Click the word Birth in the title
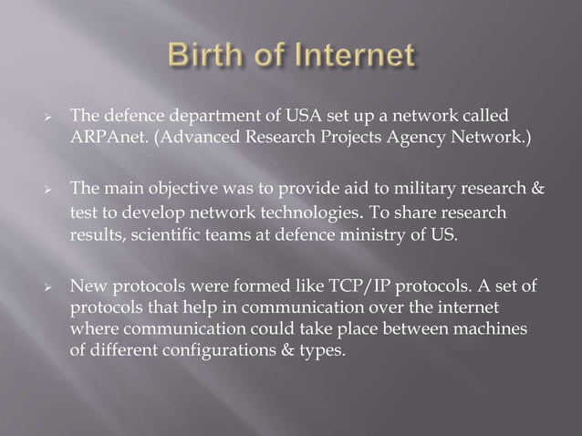tap(205, 56)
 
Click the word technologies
tap(286, 213)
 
